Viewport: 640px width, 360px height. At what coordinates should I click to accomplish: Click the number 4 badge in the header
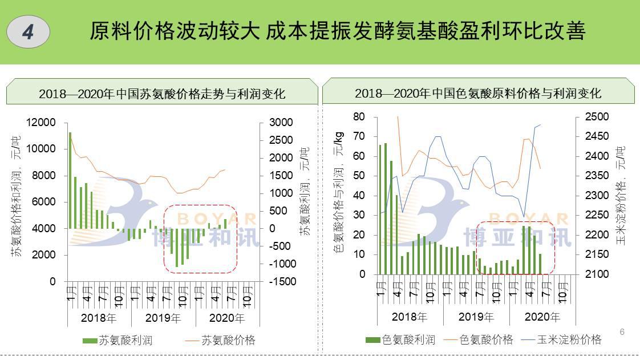pyautogui.click(x=28, y=32)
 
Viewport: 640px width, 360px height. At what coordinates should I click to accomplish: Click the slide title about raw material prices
pyautogui.click(x=337, y=31)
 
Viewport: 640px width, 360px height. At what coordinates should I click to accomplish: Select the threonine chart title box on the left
pyautogui.click(x=162, y=93)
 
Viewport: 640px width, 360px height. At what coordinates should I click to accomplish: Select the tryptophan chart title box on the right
pyautogui.click(x=478, y=93)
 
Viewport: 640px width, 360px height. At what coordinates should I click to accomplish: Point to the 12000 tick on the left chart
pyautogui.click(x=41, y=123)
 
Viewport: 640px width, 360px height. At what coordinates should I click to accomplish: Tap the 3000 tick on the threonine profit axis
pyautogui.click(x=281, y=123)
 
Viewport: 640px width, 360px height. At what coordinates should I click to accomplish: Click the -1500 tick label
pyautogui.click(x=280, y=281)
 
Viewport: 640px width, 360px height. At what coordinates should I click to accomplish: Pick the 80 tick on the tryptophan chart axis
pyautogui.click(x=359, y=117)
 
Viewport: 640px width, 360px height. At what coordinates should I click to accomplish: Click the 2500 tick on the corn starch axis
pyautogui.click(x=597, y=117)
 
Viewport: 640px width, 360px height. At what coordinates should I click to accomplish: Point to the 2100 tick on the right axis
pyautogui.click(x=597, y=274)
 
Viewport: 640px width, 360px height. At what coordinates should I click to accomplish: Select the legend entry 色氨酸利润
pyautogui.click(x=400, y=340)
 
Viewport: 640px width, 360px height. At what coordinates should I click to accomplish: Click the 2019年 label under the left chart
pyautogui.click(x=163, y=318)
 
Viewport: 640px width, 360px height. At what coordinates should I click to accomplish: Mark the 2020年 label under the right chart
pyautogui.click(x=542, y=317)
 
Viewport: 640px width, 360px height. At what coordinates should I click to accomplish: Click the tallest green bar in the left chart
pyautogui.click(x=70, y=180)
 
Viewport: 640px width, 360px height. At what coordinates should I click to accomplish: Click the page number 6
pyautogui.click(x=622, y=332)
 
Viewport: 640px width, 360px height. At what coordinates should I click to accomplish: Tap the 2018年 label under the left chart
pyautogui.click(x=99, y=318)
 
